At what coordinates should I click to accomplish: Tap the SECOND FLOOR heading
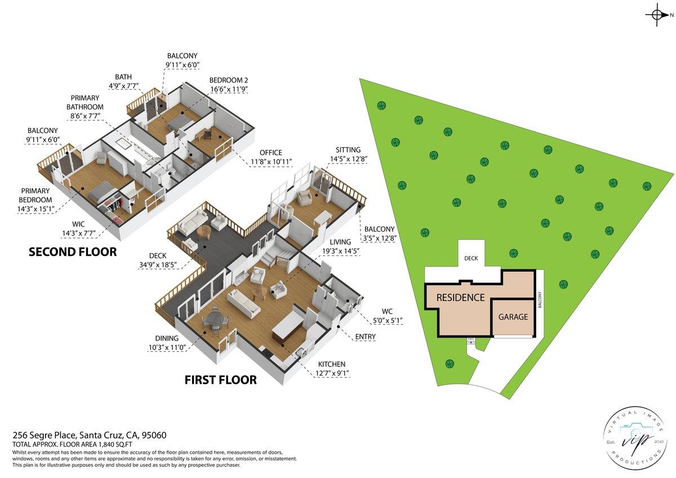73,252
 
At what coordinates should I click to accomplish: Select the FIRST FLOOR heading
221,380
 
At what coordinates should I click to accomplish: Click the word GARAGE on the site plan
513,317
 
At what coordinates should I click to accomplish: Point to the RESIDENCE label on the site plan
460,297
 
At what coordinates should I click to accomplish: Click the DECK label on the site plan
471,259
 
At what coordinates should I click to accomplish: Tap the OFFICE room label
271,152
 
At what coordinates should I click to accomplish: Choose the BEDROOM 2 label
228,80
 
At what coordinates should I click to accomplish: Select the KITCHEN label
332,364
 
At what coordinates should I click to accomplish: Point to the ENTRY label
365,337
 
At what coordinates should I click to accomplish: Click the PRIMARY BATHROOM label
85,103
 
